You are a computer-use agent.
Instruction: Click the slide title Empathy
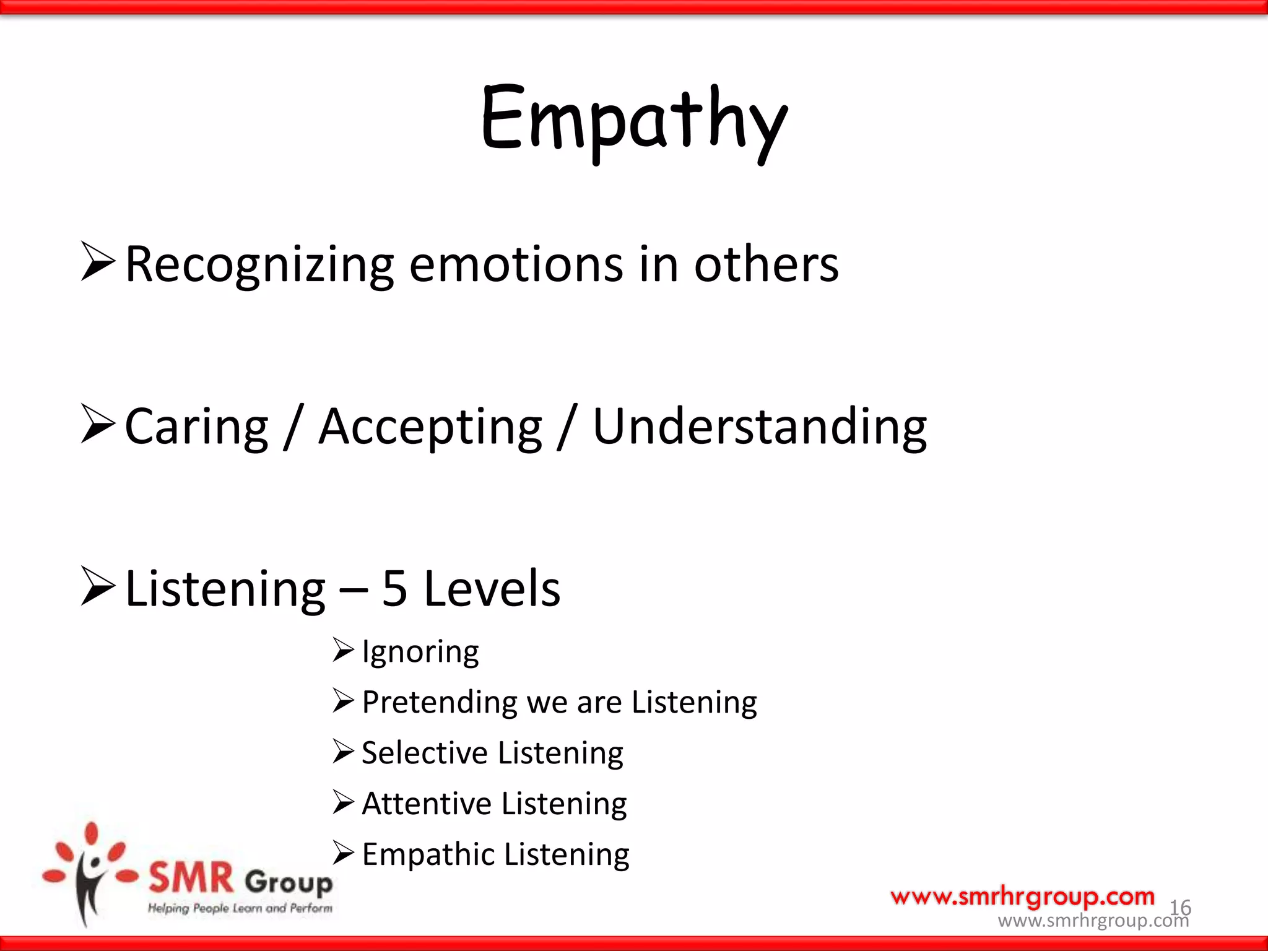634,121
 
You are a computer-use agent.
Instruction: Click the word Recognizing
259,264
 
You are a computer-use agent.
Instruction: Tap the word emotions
516,264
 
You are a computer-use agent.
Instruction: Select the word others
766,264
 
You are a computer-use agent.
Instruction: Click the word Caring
196,427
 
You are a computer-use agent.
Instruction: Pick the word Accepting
430,427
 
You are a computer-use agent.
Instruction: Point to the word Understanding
760,427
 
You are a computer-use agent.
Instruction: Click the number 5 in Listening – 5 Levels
394,588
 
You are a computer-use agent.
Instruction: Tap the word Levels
492,588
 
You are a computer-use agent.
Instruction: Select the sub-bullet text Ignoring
420,652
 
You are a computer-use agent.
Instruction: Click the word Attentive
427,804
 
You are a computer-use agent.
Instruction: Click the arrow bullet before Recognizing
98,263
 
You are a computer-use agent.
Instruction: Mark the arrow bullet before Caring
98,425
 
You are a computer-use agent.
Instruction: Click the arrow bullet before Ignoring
343,650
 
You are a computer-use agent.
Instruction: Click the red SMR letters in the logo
191,878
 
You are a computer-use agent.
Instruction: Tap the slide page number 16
1180,908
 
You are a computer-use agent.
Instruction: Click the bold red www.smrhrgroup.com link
1022,897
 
